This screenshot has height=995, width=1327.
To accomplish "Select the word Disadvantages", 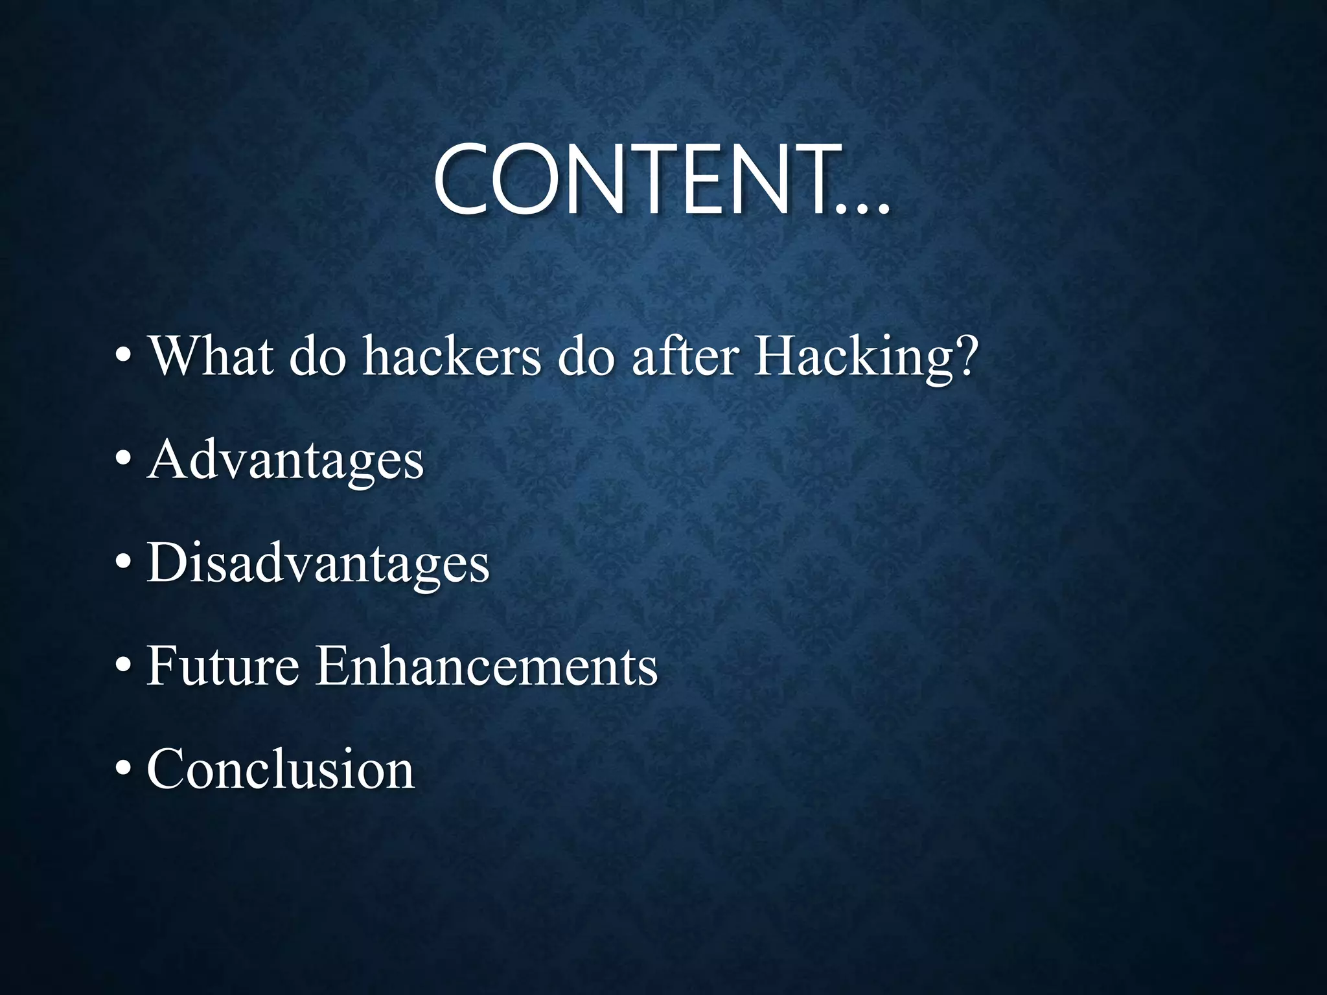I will coord(318,563).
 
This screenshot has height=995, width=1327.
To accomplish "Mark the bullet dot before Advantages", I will coord(124,459).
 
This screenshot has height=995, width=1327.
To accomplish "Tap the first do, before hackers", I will coord(317,357).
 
